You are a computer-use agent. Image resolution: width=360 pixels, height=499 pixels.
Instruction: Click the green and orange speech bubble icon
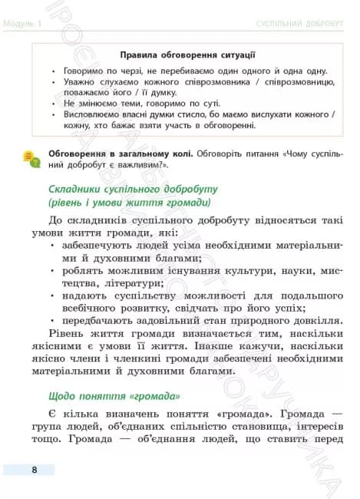[31, 158]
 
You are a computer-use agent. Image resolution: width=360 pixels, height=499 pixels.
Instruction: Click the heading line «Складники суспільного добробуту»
[123, 189]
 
